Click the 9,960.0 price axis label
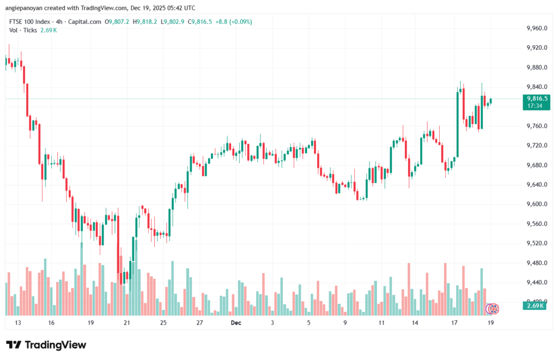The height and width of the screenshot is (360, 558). coord(536,28)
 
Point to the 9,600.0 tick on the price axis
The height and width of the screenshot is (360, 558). coord(536,204)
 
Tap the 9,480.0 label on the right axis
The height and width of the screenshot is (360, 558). coord(536,263)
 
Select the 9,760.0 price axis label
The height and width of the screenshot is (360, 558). coord(536,126)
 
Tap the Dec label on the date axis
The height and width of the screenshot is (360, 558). coord(236,322)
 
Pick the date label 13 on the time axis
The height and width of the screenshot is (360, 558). coord(18,322)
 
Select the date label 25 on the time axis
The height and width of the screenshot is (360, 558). coord(163,322)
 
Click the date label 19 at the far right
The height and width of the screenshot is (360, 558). coord(491,322)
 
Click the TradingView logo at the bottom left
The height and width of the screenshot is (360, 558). coord(46,345)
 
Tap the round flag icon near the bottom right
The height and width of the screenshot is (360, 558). coord(493,309)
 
